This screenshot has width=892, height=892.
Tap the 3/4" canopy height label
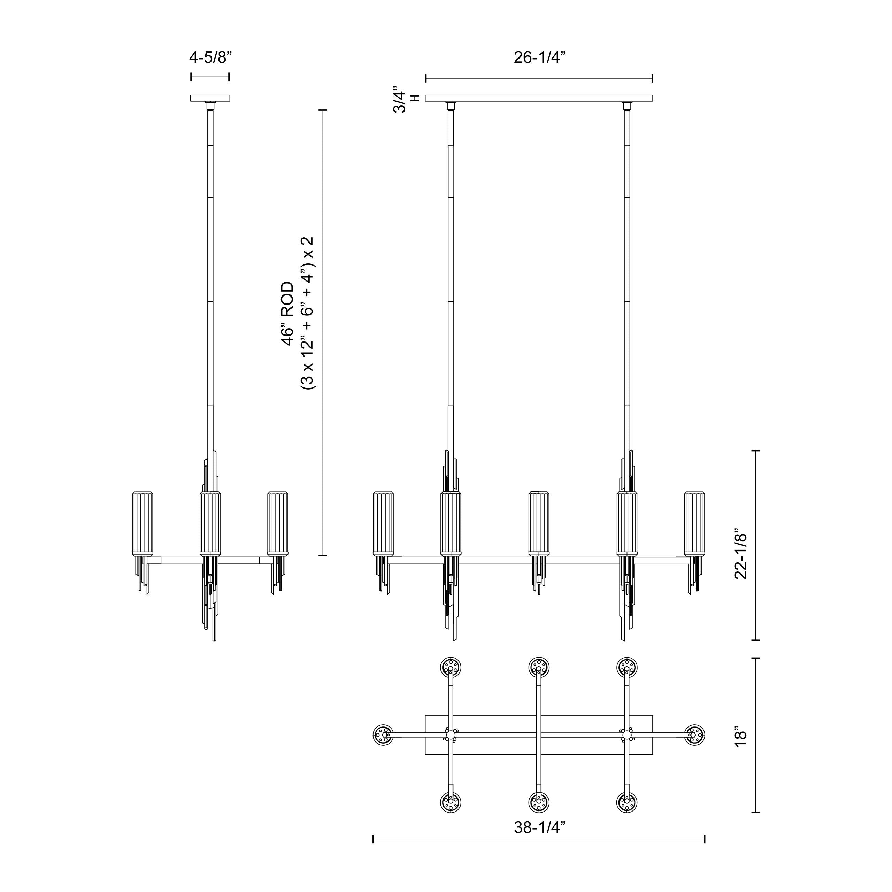point(399,99)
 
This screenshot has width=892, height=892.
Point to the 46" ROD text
point(287,314)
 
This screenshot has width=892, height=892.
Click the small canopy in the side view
point(210,98)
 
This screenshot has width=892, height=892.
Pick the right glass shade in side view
point(278,524)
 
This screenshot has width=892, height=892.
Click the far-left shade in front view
point(384,524)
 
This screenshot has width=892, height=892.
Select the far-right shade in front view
point(694,524)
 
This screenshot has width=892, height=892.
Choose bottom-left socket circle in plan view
point(451,802)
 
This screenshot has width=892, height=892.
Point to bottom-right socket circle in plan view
point(626,802)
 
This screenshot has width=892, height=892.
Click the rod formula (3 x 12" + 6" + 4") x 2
point(307,314)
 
